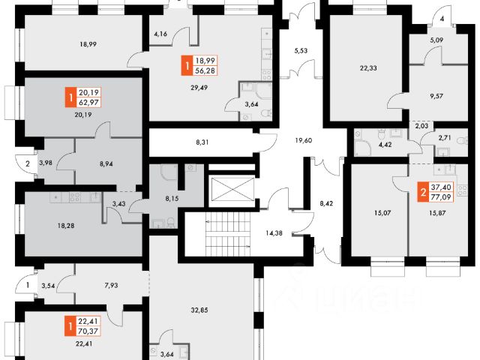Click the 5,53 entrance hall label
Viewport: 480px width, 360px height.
[x=301, y=50]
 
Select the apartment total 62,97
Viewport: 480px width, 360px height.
[x=89, y=102]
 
